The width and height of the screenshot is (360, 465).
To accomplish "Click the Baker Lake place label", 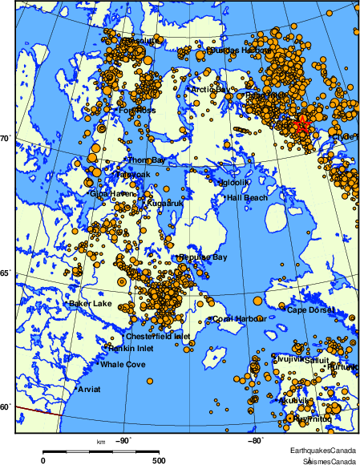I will click(91, 304).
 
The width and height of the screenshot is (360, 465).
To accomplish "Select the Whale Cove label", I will click(123, 365).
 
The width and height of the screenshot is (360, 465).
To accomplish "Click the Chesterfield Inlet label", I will click(158, 337).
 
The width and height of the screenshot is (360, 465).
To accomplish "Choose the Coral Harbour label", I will click(236, 318).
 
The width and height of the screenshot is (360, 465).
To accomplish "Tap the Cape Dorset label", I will click(309, 309).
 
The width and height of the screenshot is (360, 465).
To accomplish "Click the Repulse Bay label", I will click(204, 257).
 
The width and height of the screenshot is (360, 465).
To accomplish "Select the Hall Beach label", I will click(247, 197).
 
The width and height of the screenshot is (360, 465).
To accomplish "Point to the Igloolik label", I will click(237, 182).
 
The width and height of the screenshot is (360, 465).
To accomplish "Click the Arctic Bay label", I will click(210, 90).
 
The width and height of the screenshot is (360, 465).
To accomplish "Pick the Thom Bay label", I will click(147, 160).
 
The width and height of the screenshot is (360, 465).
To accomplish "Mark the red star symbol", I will click(302, 125).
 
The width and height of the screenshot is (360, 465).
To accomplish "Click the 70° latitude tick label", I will click(5, 139).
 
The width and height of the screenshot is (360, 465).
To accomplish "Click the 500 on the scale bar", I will click(159, 460).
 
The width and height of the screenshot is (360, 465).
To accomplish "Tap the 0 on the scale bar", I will click(42, 460).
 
